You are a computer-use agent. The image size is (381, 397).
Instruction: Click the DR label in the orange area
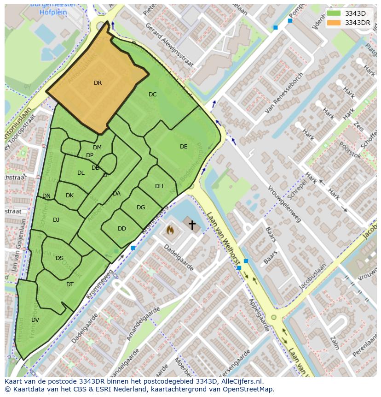coord(98,83)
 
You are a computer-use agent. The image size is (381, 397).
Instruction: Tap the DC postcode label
coord(153,95)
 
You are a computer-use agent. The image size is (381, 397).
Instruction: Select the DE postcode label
coord(184,147)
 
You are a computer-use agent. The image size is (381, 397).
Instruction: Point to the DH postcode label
coord(159,186)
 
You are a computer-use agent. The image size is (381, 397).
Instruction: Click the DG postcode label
coord(141,207)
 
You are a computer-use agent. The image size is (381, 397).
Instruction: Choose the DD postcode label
coord(122,229)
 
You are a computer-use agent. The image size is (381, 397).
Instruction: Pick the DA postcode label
coord(116,194)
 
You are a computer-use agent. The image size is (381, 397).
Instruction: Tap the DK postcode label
coord(69,196)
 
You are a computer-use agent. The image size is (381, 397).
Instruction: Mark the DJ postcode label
coord(56,220)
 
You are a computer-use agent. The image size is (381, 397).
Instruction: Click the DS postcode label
coord(59,258)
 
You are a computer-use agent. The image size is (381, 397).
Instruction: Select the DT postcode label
coord(70,284)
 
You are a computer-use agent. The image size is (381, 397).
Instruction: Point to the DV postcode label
coord(35,320)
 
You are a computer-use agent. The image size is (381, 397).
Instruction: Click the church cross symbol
coord(191,225)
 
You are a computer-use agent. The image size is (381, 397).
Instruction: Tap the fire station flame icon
coord(170,229)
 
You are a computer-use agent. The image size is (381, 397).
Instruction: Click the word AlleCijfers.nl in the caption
coord(239,381)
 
